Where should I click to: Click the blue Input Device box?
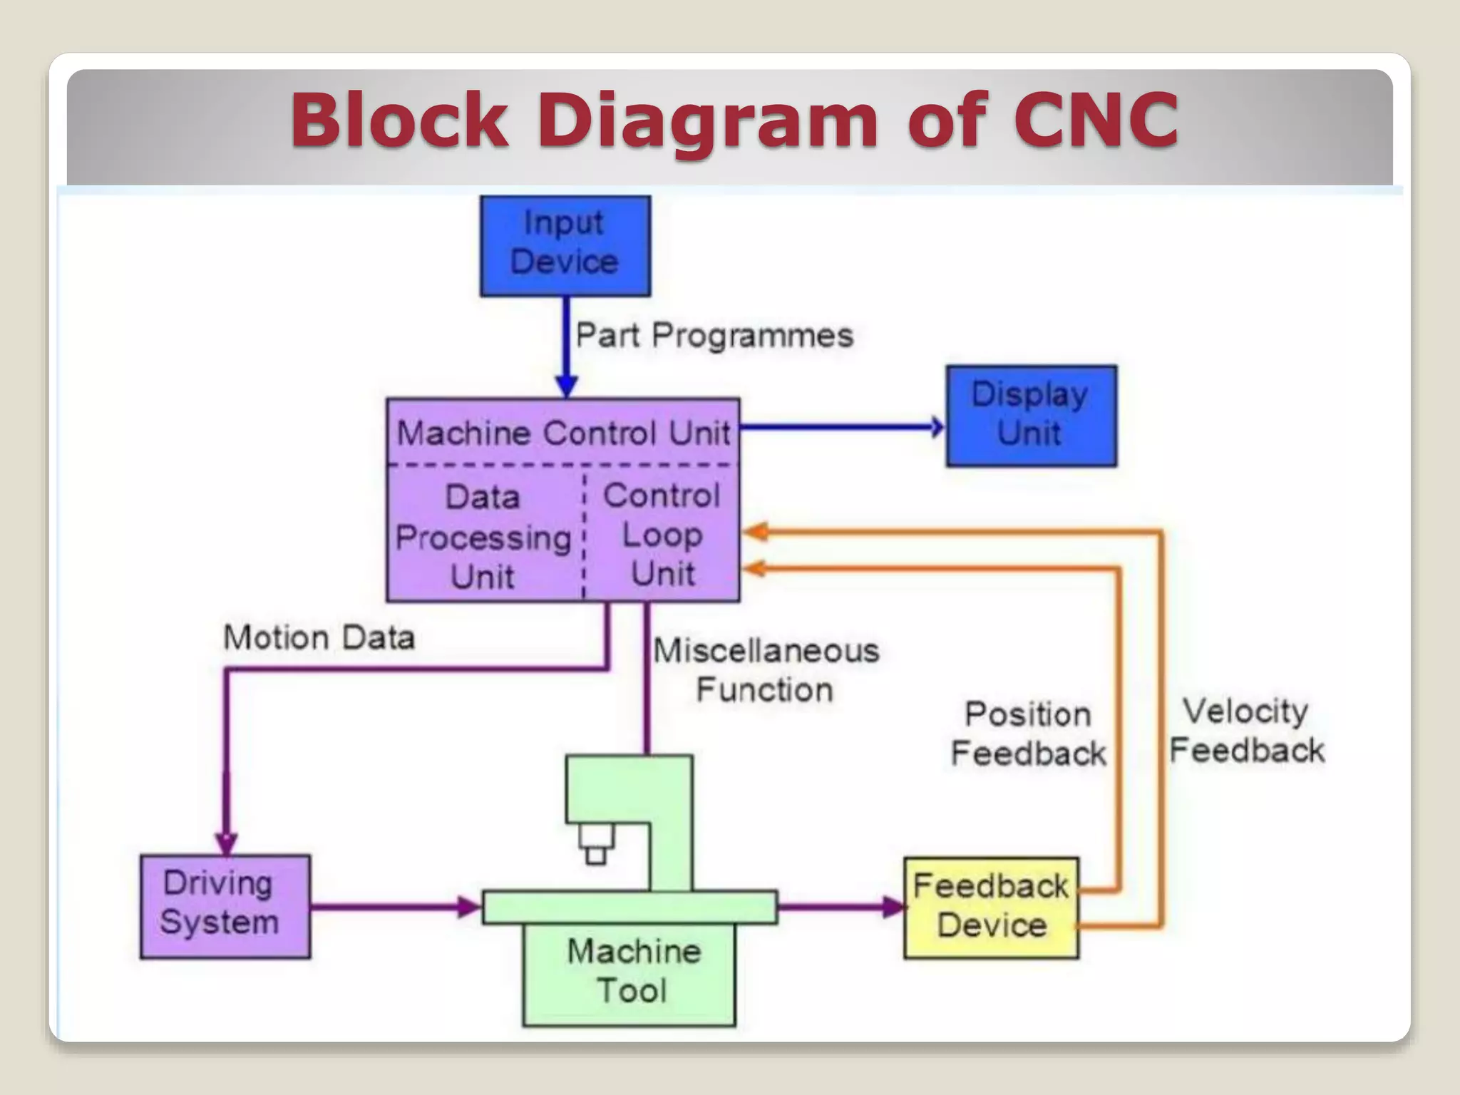565,246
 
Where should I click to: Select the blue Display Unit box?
1031,416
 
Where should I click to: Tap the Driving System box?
225,906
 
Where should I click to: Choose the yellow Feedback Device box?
991,907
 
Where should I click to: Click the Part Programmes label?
714,335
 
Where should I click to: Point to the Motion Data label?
319,637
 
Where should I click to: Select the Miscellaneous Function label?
766,670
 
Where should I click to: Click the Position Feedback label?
1028,734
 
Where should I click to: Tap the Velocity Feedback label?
1246,731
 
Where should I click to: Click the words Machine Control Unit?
563,433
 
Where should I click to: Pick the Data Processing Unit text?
484,536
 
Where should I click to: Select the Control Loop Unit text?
662,535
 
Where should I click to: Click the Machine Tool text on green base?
633,970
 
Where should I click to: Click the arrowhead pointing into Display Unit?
937,427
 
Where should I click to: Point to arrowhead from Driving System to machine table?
470,907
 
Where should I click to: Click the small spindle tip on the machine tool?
595,855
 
